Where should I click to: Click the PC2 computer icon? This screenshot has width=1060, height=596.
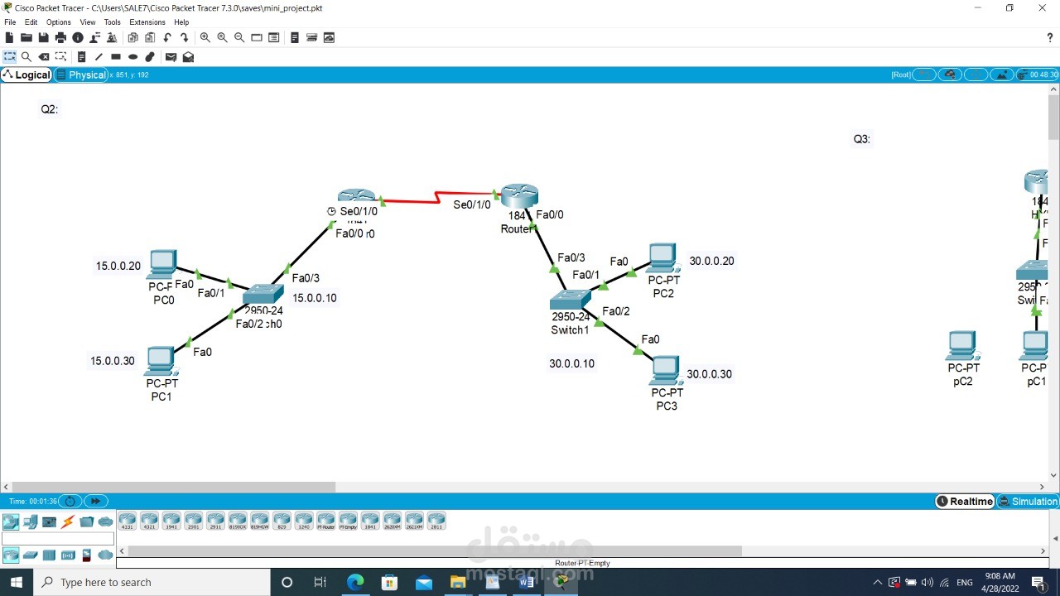click(663, 259)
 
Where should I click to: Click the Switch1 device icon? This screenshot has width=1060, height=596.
click(570, 299)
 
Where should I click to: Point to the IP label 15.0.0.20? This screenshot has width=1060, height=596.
click(118, 267)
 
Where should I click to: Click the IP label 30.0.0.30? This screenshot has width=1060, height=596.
click(709, 374)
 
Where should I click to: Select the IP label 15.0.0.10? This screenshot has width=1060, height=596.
click(315, 298)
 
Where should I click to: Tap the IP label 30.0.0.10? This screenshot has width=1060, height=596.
click(571, 363)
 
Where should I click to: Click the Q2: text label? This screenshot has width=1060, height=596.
click(50, 109)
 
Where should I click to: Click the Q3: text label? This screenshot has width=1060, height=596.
click(862, 139)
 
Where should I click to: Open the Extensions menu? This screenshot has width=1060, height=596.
click(147, 22)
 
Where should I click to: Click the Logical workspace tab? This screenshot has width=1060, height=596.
click(27, 74)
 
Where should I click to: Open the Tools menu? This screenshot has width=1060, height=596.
click(112, 22)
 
